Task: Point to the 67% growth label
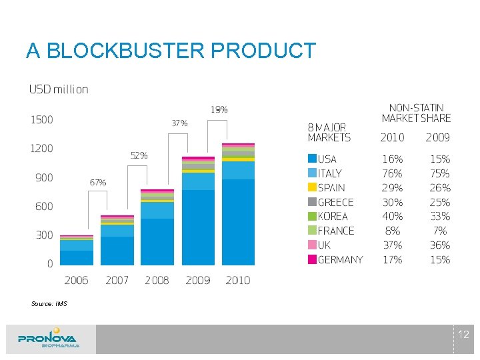coord(97,182)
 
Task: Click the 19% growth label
coord(219,109)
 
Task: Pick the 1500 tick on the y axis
coord(41,120)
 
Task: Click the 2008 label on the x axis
coord(157,281)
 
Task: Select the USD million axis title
coord(58,89)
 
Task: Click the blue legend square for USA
coord(311,159)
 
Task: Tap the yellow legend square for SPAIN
coord(311,188)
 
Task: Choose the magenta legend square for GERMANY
coord(311,259)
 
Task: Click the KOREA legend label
coord(333,217)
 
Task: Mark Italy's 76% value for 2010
coord(392,173)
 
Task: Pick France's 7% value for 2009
coord(440,231)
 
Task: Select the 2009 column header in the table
coord(438,138)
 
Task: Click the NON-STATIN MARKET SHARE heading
coord(416,113)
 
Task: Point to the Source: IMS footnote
coord(49,304)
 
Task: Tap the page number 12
coord(464,335)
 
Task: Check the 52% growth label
coord(139,155)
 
